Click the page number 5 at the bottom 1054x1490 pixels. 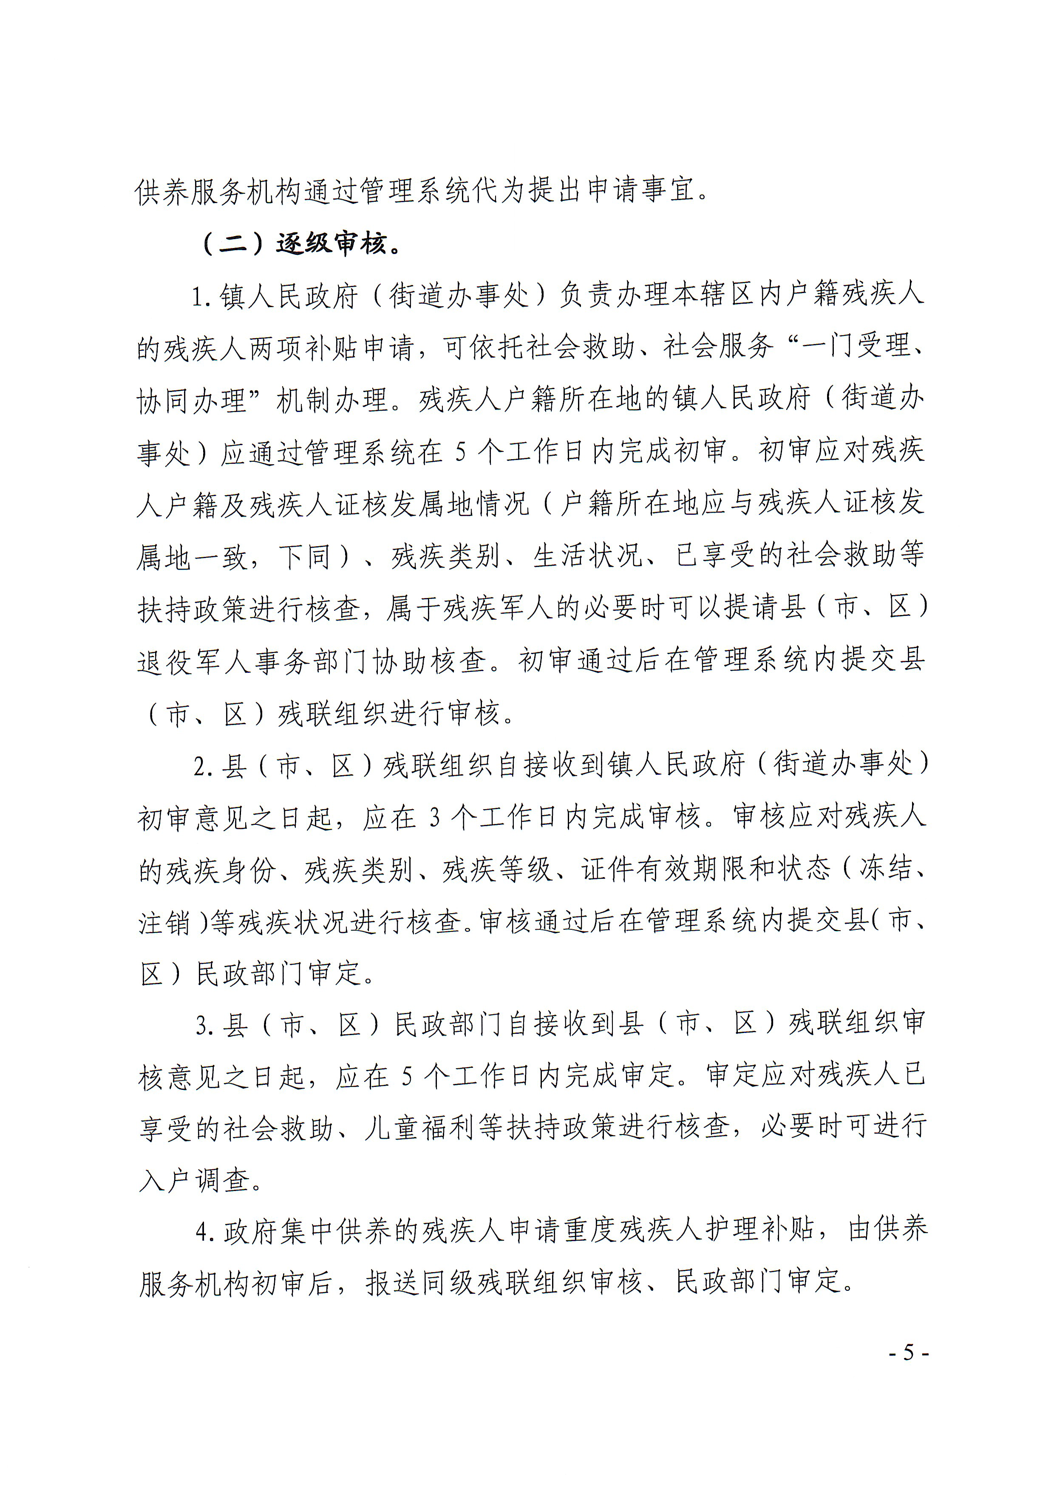tap(908, 1352)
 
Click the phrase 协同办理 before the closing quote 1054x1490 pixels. tap(192, 401)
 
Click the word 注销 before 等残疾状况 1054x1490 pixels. tap(164, 922)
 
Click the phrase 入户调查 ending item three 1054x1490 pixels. tap(194, 1180)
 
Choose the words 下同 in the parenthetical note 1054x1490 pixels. tap(305, 557)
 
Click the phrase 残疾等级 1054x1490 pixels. tap(497, 869)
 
